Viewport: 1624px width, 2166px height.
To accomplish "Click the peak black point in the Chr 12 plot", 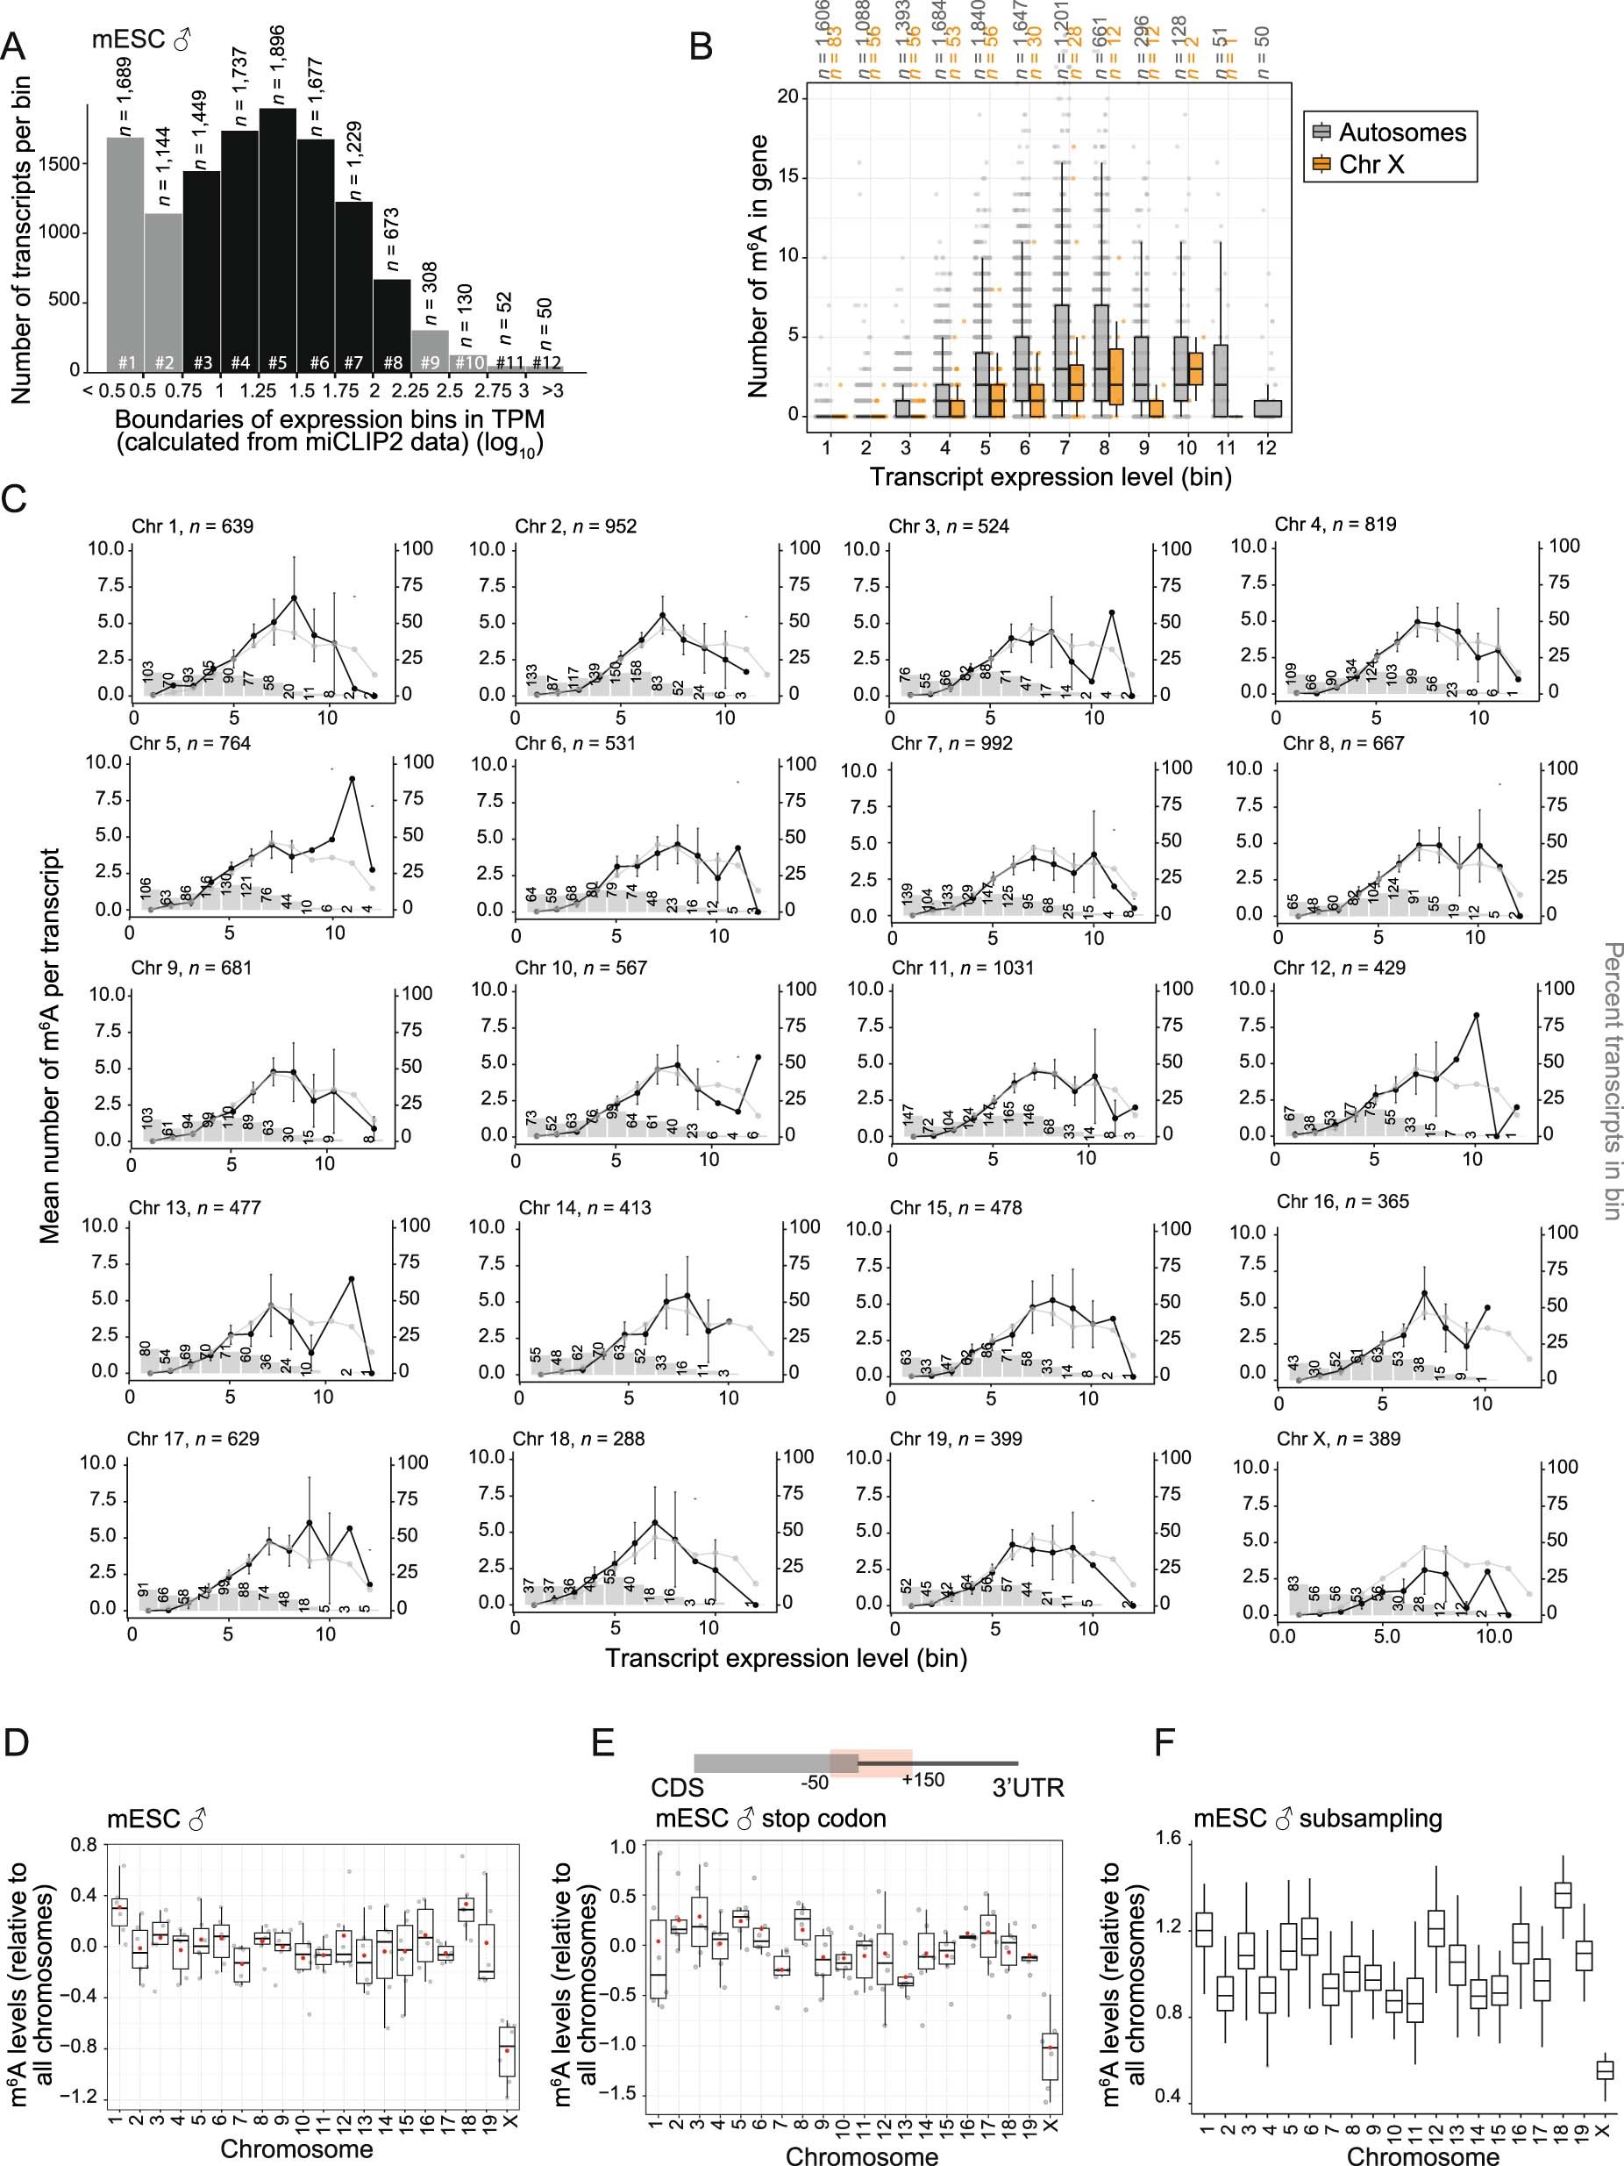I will pyautogui.click(x=1476, y=1015).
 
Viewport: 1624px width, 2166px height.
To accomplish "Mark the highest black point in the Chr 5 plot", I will pyautogui.click(x=352, y=778).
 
